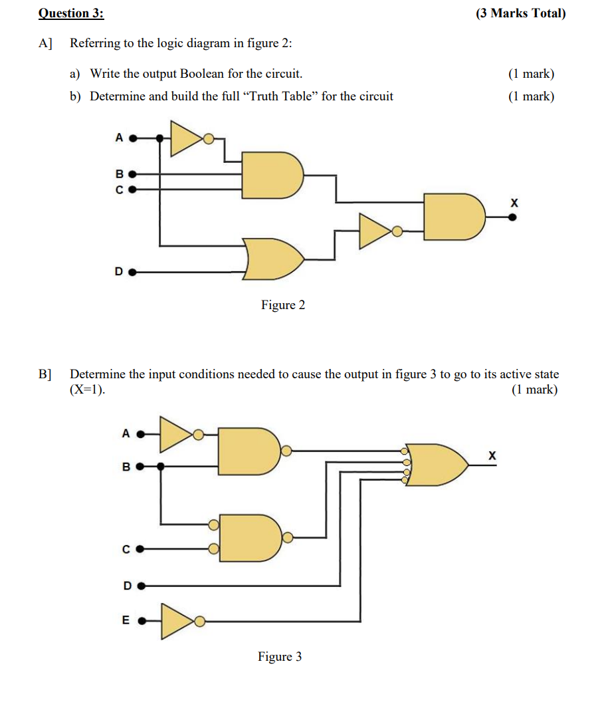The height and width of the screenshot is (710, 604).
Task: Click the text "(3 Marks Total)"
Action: (520, 13)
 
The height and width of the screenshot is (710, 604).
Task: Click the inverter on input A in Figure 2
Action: (187, 138)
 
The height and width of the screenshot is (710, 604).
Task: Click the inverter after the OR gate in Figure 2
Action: (376, 231)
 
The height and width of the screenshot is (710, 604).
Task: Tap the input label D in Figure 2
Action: (118, 271)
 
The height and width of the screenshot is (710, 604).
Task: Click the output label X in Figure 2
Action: (513, 202)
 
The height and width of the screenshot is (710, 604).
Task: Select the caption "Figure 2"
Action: (283, 305)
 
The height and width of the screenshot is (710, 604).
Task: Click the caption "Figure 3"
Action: (280, 657)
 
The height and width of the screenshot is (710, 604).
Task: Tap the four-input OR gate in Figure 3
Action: (436, 463)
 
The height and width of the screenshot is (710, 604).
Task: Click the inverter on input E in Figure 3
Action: (177, 622)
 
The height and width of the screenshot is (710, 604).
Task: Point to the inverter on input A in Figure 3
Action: (177, 435)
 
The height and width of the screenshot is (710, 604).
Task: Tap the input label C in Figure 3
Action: (126, 549)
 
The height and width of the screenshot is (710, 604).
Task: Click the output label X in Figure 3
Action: (492, 455)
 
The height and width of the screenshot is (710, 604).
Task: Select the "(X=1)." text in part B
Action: (88, 390)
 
